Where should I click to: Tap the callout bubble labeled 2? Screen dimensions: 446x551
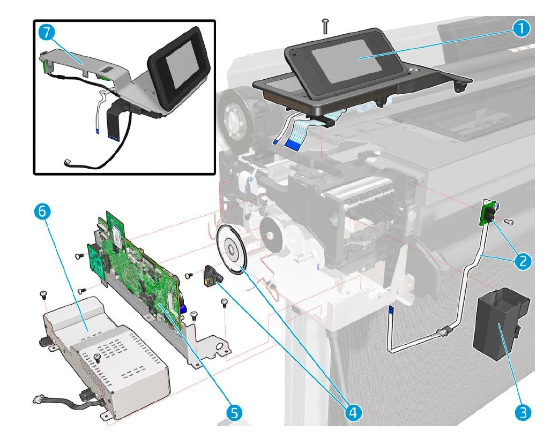523,261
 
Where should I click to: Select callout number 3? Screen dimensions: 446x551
523,412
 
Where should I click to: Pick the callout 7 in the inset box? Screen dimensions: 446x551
47,33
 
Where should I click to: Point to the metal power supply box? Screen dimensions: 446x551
105,353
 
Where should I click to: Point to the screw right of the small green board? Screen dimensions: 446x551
511,221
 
